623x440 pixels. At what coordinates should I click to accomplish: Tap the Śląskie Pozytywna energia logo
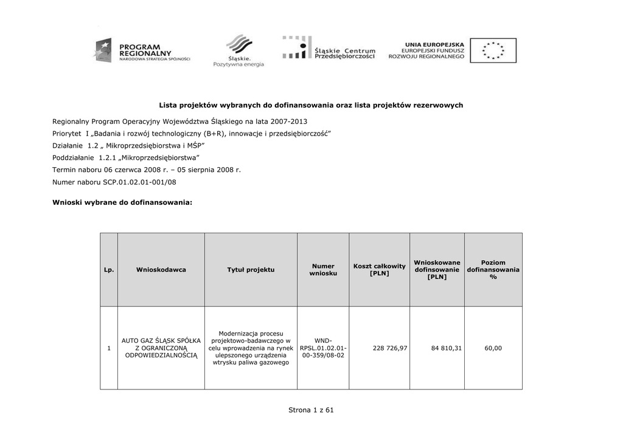coord(238,50)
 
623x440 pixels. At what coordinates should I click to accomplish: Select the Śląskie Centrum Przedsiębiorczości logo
coord(329,48)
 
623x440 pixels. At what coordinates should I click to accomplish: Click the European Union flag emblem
coord(493,50)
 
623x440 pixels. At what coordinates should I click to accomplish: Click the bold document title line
coord(311,105)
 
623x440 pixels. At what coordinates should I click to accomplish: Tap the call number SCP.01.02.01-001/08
coord(139,182)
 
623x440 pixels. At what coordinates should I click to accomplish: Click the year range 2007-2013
coord(277,121)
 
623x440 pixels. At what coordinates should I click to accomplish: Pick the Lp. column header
coord(109,269)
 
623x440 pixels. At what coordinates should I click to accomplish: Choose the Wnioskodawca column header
coord(161,269)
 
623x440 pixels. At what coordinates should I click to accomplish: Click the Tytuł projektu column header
coord(251,269)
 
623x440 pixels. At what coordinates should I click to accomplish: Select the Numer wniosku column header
coord(323,269)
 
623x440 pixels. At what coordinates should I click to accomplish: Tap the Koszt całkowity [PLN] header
coord(379,269)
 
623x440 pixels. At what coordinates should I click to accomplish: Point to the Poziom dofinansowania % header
coord(493,269)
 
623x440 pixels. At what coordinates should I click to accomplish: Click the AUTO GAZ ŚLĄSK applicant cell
coord(161,348)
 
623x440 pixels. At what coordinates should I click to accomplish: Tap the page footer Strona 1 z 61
coord(311,410)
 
